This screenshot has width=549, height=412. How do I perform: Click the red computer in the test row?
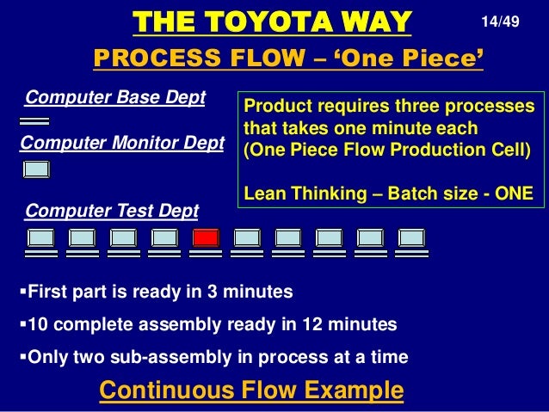point(207,238)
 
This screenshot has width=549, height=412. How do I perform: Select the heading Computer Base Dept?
point(116,97)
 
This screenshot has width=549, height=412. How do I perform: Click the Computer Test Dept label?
point(112,210)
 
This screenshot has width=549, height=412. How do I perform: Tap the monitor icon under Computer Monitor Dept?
point(36,169)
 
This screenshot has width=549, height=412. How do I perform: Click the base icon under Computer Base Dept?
point(34,121)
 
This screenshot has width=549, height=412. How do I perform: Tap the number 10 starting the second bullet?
point(38,324)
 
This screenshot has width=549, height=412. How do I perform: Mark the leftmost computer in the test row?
point(41,238)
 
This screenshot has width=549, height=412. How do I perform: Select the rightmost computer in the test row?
point(411,238)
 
